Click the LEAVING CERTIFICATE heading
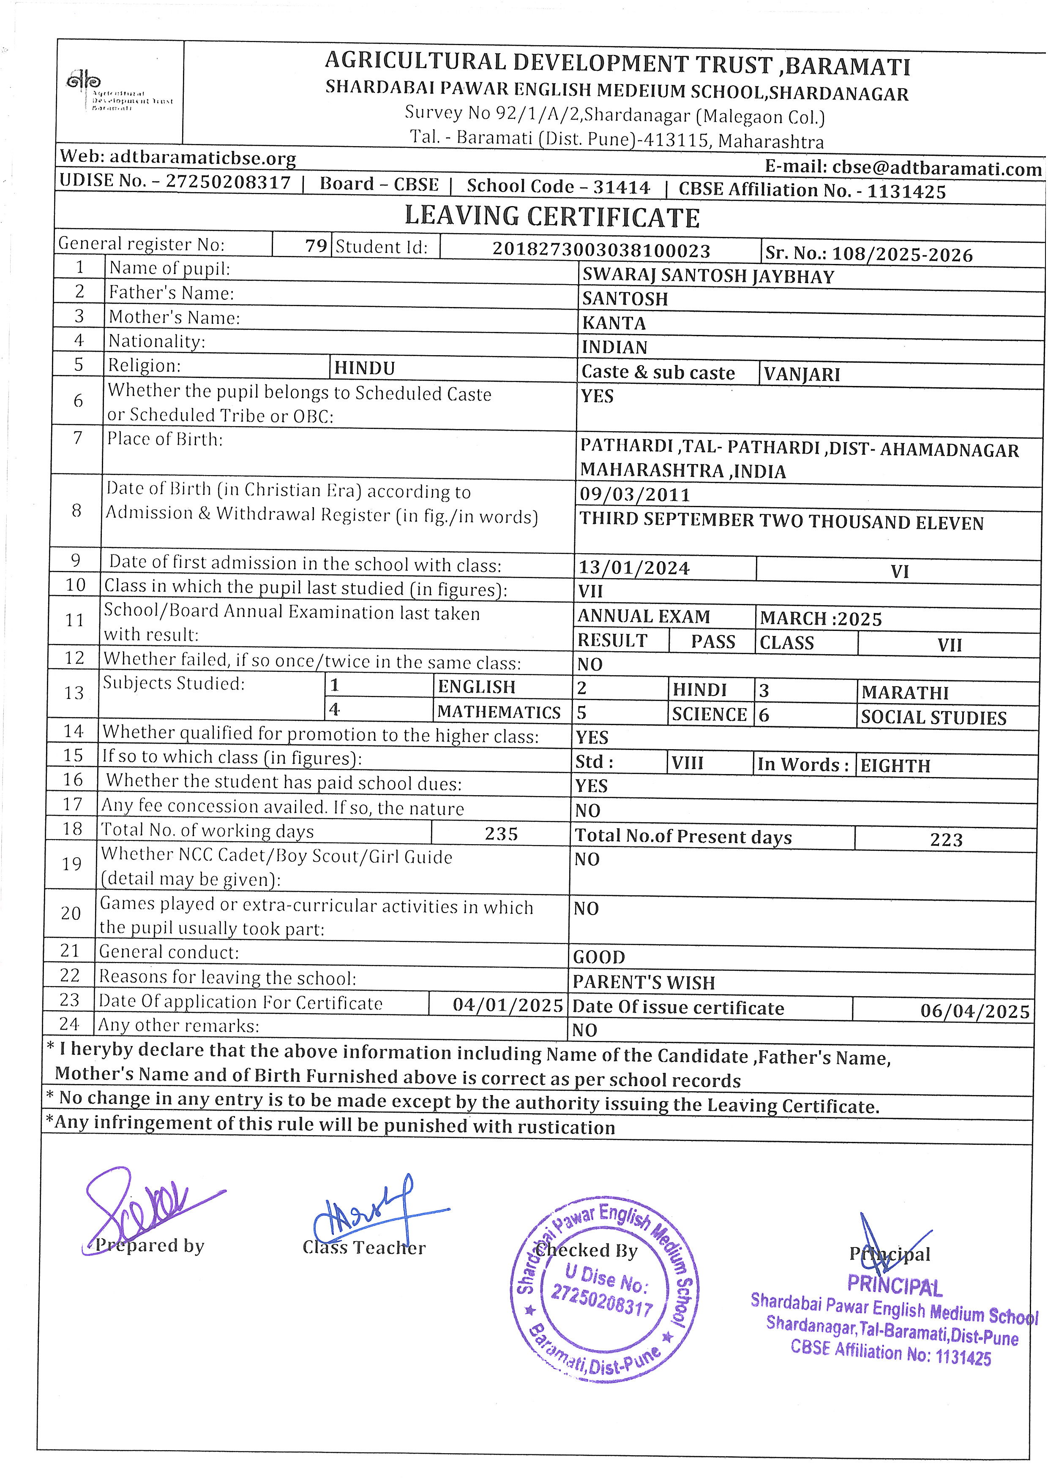pyautogui.click(x=552, y=217)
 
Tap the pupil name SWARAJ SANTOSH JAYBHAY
pyautogui.click(x=708, y=276)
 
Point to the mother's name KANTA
pyautogui.click(x=614, y=323)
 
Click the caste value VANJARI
pyautogui.click(x=802, y=374)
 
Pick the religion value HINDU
pyautogui.click(x=365, y=368)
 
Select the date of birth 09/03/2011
pyautogui.click(x=635, y=495)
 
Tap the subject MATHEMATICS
pyautogui.click(x=499, y=712)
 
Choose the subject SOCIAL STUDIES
pyautogui.click(x=933, y=717)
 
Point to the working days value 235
pyautogui.click(x=502, y=834)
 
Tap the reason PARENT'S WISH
pyautogui.click(x=644, y=982)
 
